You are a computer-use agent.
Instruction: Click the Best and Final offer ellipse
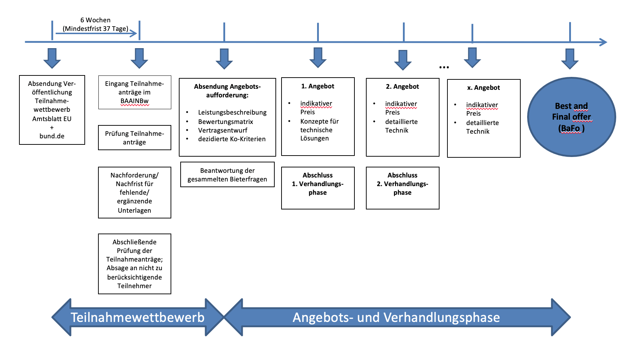(x=571, y=117)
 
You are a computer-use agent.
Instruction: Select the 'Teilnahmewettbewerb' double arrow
(x=138, y=317)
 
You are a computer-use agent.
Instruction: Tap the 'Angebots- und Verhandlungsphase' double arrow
(x=396, y=317)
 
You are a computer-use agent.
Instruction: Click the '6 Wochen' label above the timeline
(x=95, y=20)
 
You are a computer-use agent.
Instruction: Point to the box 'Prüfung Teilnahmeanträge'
(x=134, y=138)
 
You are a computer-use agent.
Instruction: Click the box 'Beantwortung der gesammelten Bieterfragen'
(x=227, y=175)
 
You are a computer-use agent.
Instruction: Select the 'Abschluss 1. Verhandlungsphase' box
(x=318, y=188)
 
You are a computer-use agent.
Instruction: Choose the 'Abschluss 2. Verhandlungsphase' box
(x=403, y=188)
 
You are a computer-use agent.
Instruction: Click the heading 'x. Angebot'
(x=483, y=88)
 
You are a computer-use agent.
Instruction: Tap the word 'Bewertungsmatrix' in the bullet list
(x=226, y=122)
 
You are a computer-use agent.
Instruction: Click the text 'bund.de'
(x=52, y=136)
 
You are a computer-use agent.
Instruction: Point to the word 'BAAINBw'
(x=134, y=101)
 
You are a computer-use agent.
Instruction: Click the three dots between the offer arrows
(x=444, y=67)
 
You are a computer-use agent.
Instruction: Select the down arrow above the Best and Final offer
(x=570, y=59)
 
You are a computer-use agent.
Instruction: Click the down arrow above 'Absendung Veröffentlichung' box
(x=52, y=58)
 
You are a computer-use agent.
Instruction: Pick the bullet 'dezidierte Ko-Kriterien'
(x=232, y=139)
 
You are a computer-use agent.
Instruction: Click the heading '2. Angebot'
(x=402, y=87)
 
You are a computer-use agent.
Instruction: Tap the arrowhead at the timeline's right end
(x=603, y=42)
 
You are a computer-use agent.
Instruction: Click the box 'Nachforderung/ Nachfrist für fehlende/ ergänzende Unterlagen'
(x=134, y=193)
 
